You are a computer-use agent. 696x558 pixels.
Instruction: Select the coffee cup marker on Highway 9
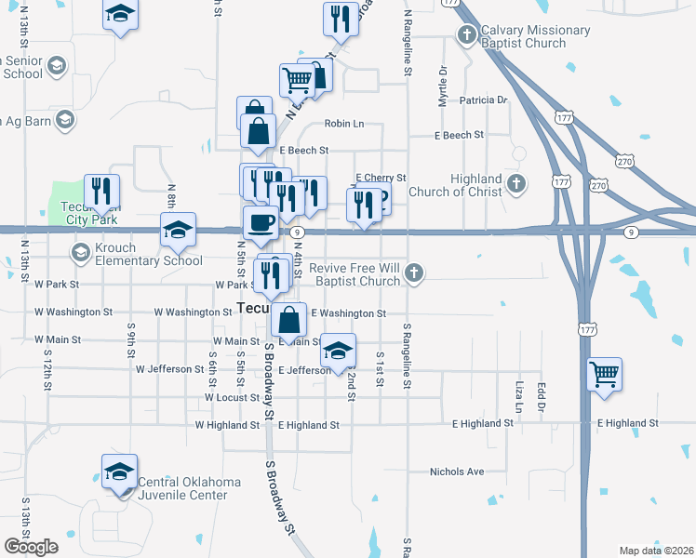(x=261, y=222)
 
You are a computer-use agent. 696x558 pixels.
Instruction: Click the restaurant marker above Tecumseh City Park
(x=101, y=193)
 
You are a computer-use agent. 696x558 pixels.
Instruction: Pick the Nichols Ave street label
(x=457, y=472)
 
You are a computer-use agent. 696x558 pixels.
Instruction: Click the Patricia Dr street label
(x=483, y=100)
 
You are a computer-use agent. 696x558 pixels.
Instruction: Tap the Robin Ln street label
(x=344, y=124)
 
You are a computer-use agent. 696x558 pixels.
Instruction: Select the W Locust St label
(x=232, y=397)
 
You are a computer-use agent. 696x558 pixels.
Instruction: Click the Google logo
(x=32, y=547)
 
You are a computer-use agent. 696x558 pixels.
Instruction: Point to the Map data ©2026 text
(x=657, y=551)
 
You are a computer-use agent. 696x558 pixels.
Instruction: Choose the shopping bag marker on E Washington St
(x=290, y=320)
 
